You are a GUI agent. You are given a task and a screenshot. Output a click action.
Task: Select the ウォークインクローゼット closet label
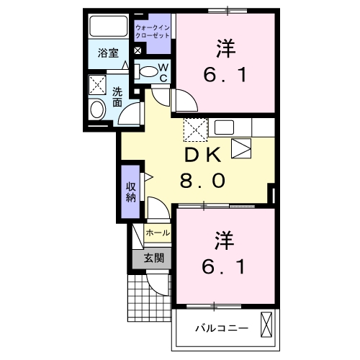click(152, 30)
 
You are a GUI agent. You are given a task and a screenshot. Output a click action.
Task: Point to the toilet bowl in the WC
click(147, 71)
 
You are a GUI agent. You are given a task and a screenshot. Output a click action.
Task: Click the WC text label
click(163, 72)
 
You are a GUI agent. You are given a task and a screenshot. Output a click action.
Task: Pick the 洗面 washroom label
click(117, 97)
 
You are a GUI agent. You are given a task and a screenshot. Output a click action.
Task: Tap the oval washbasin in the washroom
click(97, 109)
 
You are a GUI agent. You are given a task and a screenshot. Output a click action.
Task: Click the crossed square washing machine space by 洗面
click(98, 85)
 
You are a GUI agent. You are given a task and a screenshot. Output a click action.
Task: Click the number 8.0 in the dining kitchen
click(202, 181)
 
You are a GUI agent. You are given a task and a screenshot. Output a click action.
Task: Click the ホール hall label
click(158, 233)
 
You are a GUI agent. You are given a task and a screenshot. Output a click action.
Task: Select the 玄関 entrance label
click(152, 258)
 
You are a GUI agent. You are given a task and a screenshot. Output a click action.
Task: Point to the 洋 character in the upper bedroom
click(224, 48)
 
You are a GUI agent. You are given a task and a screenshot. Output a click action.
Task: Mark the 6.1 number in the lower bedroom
click(224, 266)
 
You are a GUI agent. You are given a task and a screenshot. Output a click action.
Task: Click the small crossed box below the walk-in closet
click(138, 51)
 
